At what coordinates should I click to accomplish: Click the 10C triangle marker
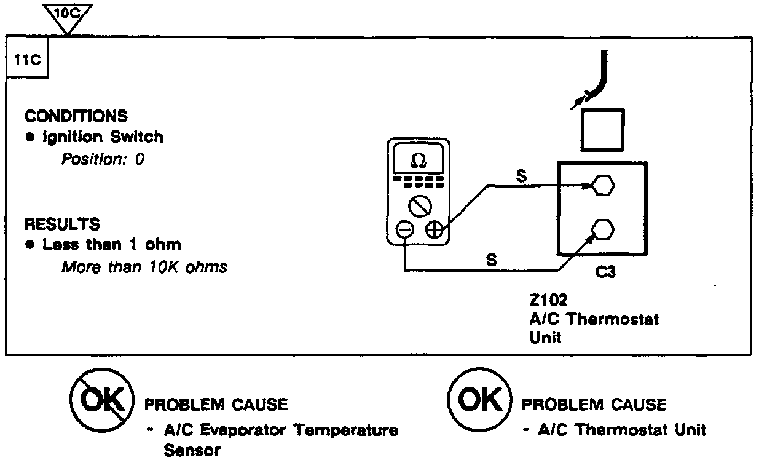coord(68,14)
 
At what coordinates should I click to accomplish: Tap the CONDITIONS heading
coord(76,116)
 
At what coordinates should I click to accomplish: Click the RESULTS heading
coord(62,223)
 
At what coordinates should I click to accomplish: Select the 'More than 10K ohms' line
coord(144,267)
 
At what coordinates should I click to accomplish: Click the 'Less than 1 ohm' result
coord(111,245)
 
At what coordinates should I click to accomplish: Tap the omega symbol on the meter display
coord(418,161)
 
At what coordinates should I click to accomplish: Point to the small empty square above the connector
coord(602,130)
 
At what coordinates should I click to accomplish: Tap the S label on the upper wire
coord(521,176)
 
